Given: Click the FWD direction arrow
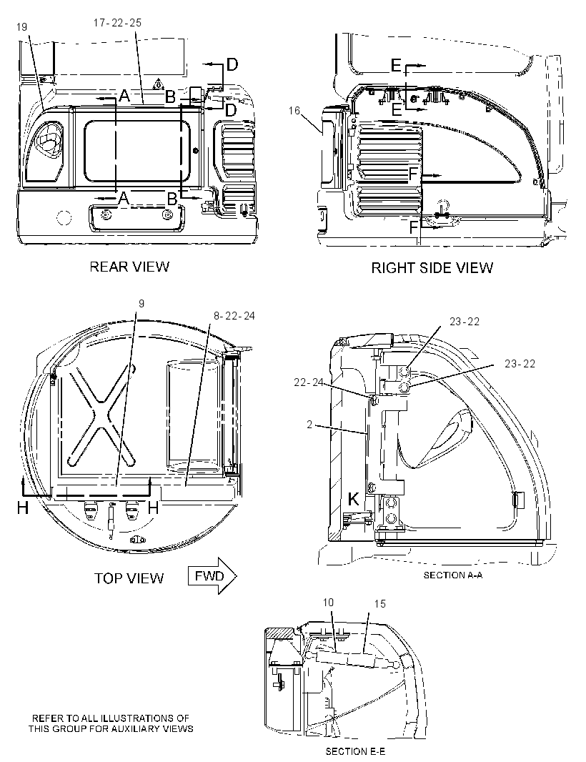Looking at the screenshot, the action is click(x=212, y=576).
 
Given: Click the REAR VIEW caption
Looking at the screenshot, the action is click(x=129, y=267).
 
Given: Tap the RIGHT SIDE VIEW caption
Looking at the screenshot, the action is click(x=432, y=268).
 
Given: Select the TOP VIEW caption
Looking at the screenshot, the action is click(x=129, y=578).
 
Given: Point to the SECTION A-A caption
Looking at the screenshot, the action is click(x=453, y=575).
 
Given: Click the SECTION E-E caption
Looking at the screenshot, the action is click(x=355, y=751).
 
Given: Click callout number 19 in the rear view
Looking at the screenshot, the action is click(x=22, y=27).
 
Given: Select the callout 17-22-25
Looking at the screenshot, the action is click(x=117, y=23).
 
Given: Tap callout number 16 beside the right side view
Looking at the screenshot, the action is click(x=294, y=111).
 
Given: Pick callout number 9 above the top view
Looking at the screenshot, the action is click(x=141, y=304).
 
